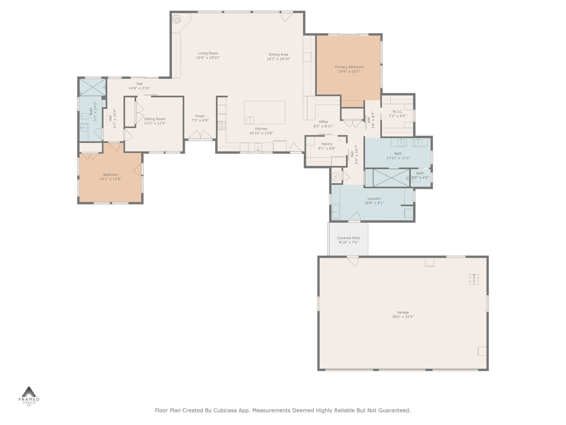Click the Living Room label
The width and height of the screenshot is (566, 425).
pyautogui.click(x=208, y=53)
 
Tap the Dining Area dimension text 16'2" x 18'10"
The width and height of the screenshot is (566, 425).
pyautogui.click(x=279, y=59)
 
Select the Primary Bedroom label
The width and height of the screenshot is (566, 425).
pyautogui.click(x=349, y=67)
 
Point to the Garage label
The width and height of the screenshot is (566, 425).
pyautogui.click(x=403, y=312)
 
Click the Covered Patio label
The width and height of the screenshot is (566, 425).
pyautogui.click(x=348, y=238)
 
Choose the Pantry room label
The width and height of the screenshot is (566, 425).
pyautogui.click(x=327, y=144)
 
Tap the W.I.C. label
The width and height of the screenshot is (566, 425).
pyautogui.click(x=397, y=112)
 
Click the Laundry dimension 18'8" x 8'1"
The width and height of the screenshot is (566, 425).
pyautogui.click(x=374, y=203)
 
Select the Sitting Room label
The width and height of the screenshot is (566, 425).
pyautogui.click(x=155, y=119)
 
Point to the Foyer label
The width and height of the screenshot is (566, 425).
pyautogui.click(x=200, y=116)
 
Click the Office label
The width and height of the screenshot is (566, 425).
pyautogui.click(x=323, y=122)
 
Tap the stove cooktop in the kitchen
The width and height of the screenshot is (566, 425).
pyautogui.click(x=222, y=125)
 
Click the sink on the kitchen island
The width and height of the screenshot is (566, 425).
pyautogui.click(x=250, y=120)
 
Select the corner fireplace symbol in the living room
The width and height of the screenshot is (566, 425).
pyautogui.click(x=176, y=19)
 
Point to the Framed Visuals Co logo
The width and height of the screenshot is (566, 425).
pyautogui.click(x=29, y=396)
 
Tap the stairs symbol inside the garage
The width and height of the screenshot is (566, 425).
pyautogui.click(x=474, y=279)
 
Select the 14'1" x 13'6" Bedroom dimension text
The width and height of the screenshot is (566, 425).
pyautogui.click(x=111, y=179)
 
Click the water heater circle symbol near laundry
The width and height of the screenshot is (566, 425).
pyautogui.click(x=336, y=176)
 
